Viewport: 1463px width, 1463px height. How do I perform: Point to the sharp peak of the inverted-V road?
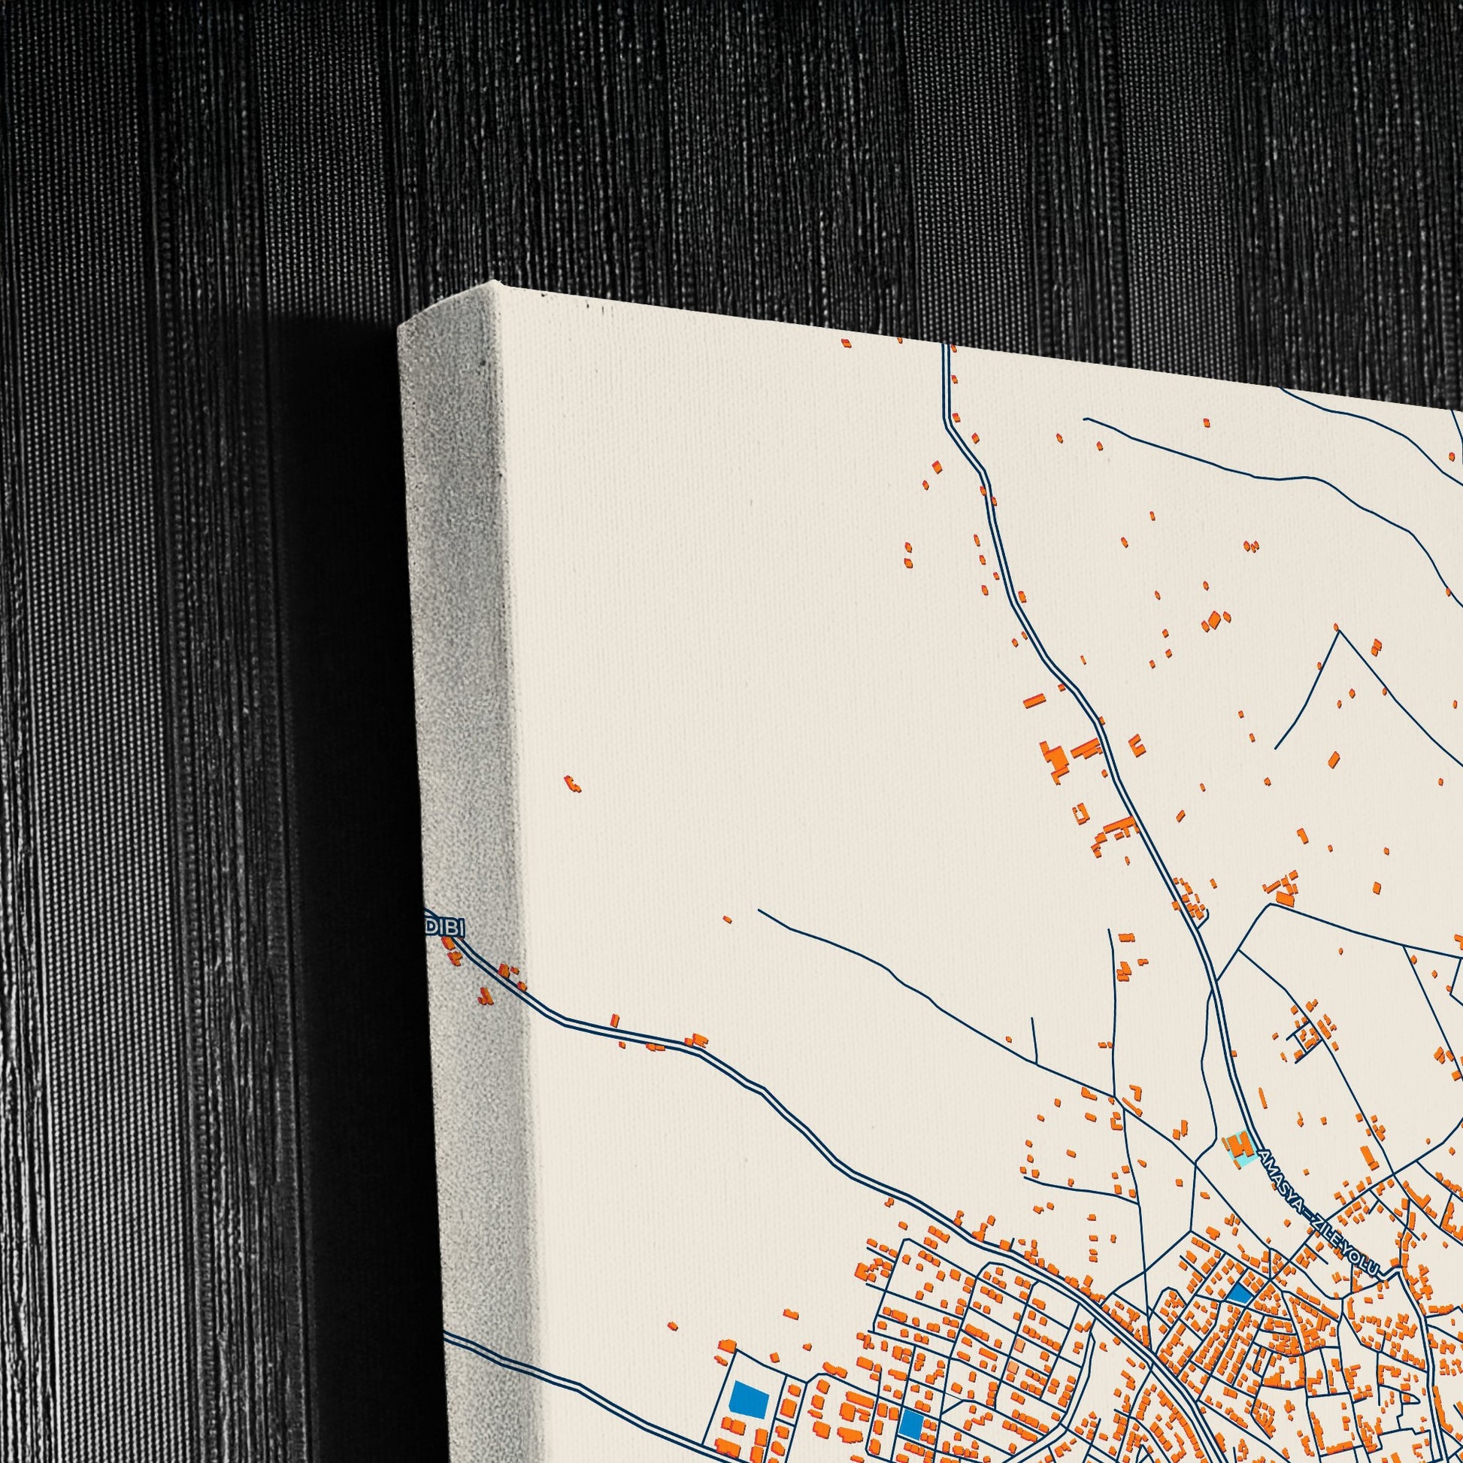(x=1339, y=632)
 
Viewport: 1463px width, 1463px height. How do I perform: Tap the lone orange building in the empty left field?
(x=572, y=783)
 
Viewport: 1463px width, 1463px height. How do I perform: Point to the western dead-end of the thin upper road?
(x=1084, y=418)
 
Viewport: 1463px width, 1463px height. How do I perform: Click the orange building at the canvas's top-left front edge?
(x=845, y=343)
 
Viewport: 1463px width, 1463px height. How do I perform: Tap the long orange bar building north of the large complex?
(x=1034, y=701)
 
